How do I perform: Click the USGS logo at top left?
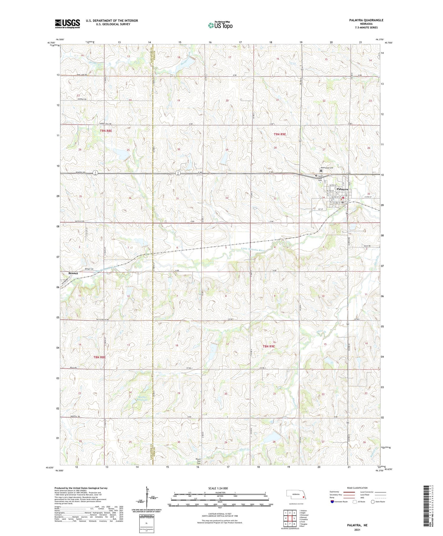tap(67, 24)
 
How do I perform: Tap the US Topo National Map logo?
tap(220, 25)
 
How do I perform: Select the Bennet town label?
tap(73, 273)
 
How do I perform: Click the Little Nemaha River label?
tap(252, 250)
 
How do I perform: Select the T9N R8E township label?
tap(106, 130)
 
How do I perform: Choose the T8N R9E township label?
tap(269, 346)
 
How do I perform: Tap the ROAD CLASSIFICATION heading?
tap(357, 488)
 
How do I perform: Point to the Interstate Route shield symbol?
tap(332, 502)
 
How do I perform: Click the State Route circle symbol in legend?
tap(373, 502)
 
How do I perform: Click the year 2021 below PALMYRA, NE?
tap(357, 529)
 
